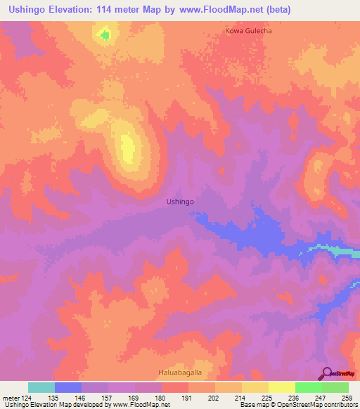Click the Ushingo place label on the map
[180, 202]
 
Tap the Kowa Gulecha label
[248, 31]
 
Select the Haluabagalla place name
[180, 373]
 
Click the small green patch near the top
[105, 34]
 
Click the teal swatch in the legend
[41, 387]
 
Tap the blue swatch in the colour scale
[68, 387]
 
